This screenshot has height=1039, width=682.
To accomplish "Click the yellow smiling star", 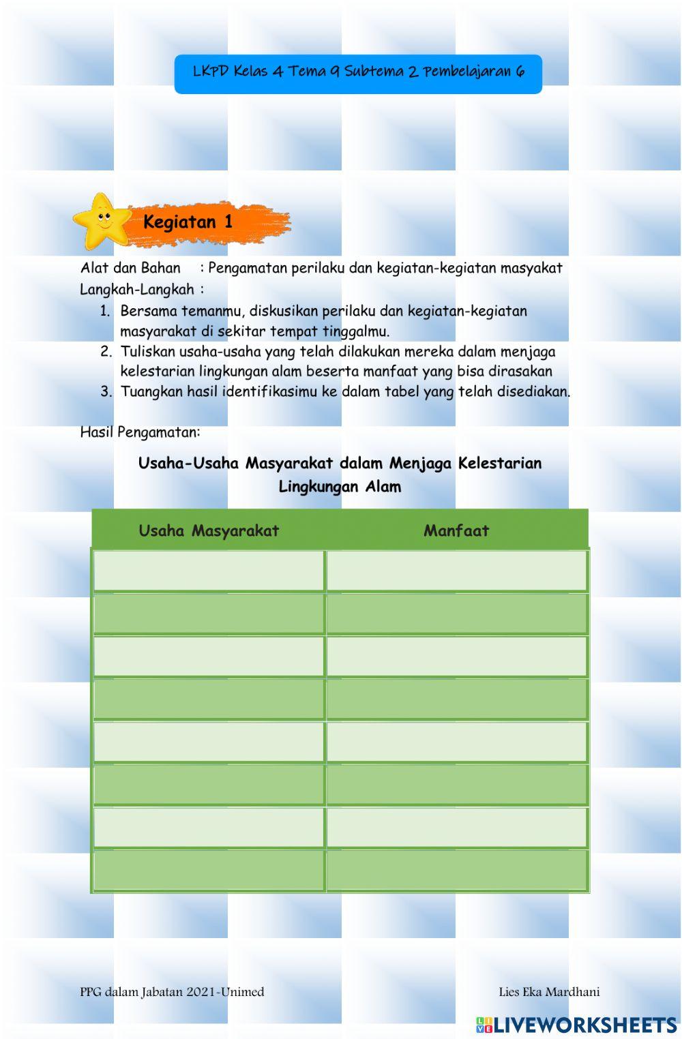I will click(102, 220).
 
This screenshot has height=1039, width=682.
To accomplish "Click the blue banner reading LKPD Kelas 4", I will click(358, 73).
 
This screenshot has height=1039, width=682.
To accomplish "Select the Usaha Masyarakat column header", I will click(209, 530).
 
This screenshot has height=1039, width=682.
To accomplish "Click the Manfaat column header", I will click(456, 530).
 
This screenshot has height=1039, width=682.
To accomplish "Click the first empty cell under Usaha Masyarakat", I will click(209, 571).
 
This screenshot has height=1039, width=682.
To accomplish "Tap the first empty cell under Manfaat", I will click(457, 571).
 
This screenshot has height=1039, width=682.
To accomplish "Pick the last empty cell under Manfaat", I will click(457, 870).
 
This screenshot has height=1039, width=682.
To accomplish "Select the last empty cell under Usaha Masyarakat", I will click(209, 870).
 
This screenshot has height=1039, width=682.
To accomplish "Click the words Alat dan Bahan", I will click(130, 268).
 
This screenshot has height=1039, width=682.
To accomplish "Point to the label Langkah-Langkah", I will click(137, 290).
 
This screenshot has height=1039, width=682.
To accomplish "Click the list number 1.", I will click(104, 311).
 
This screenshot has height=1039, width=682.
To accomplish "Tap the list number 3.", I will click(106, 391).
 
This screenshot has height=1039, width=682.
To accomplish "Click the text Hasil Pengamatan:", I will click(140, 432).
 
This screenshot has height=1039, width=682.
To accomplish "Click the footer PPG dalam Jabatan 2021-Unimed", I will click(172, 992).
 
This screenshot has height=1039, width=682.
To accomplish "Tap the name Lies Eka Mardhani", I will click(549, 992).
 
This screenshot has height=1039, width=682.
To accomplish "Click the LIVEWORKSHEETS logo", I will click(576, 1025).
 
